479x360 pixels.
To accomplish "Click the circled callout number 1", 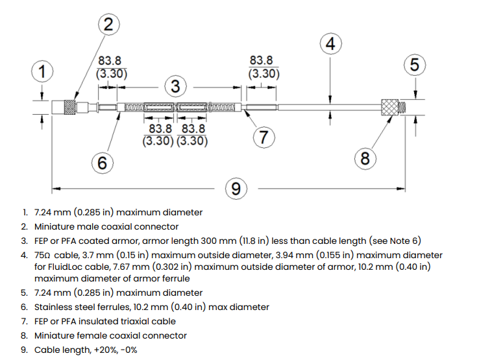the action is [x=42, y=72].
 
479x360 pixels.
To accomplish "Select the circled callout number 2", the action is [x=108, y=25].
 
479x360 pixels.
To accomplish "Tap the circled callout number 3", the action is [x=175, y=86].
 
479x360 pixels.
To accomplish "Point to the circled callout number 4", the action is [x=330, y=44].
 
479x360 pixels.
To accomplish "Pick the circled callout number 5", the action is [x=415, y=65].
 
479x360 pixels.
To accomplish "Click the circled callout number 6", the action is [x=102, y=163].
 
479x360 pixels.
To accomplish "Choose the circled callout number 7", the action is [x=264, y=137].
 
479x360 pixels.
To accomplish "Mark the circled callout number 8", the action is [x=365, y=159].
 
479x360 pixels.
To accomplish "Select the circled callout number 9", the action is [x=236, y=189].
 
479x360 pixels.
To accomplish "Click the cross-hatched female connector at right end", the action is [x=390, y=107].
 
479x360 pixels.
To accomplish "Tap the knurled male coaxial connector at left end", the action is [x=69, y=107].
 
